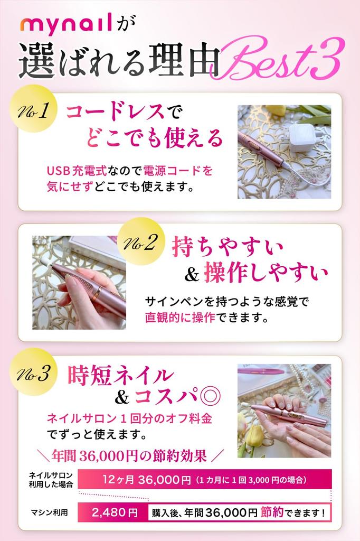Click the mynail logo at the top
[67, 25]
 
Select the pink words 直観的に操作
[180, 319]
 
